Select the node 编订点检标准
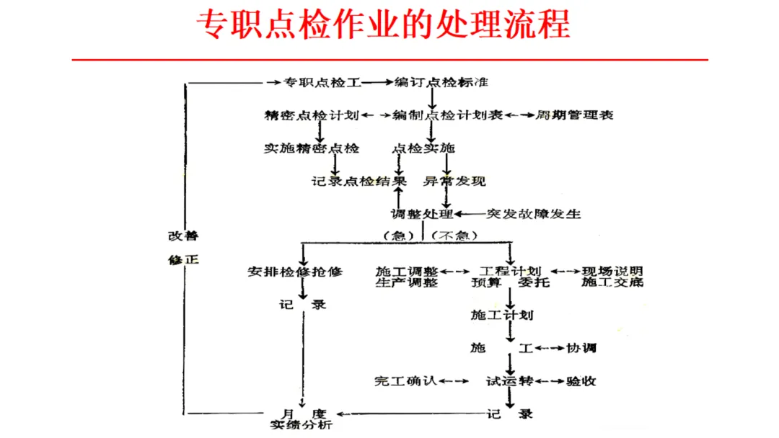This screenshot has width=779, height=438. tap(441, 82)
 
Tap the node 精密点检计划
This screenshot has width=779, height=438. tap(312, 115)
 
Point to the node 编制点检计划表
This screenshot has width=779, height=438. tap(447, 115)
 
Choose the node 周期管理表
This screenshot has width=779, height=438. tap(575, 115)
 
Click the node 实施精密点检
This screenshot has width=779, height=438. tap(311, 148)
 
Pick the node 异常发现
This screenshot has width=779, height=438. tap(454, 181)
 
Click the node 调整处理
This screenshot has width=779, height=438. tap(421, 214)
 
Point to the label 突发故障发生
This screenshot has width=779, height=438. tap(534, 214)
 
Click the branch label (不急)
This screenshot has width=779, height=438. tap(454, 236)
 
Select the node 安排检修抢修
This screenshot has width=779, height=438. tap(295, 272)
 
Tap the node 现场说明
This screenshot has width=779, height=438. tap(612, 271)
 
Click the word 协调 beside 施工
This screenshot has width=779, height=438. tap(581, 348)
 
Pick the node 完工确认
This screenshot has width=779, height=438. tap(405, 380)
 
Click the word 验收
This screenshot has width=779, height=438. tap(581, 380)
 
